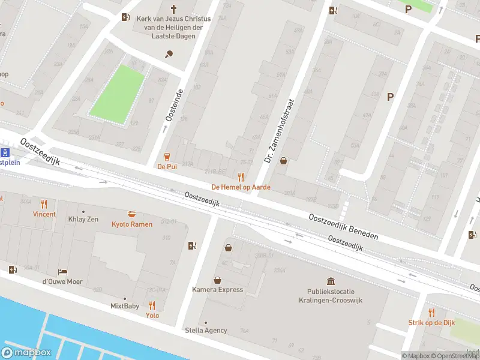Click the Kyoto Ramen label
[x=132, y=224]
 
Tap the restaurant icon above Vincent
[x=44, y=203]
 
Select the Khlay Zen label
[x=83, y=219]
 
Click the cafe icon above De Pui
[x=167, y=156]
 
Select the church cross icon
[x=174, y=9]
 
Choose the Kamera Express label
[x=217, y=290]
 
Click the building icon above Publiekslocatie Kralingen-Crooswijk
[x=331, y=281]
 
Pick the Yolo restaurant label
[x=152, y=315]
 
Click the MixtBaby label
[x=125, y=306]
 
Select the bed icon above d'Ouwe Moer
[x=62, y=272]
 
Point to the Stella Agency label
[x=205, y=330]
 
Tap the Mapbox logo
[x=26, y=353]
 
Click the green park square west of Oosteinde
[x=118, y=91]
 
